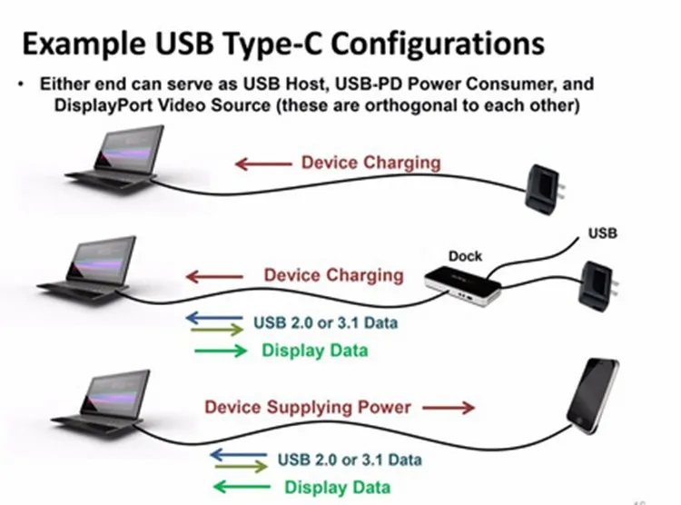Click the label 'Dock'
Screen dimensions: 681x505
point(465,256)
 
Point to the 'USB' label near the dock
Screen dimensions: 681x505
point(603,233)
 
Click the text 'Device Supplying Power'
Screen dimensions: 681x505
point(308,407)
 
